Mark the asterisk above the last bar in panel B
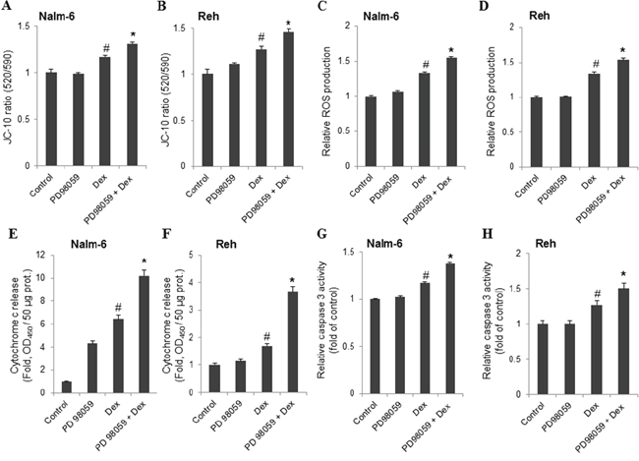289,24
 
